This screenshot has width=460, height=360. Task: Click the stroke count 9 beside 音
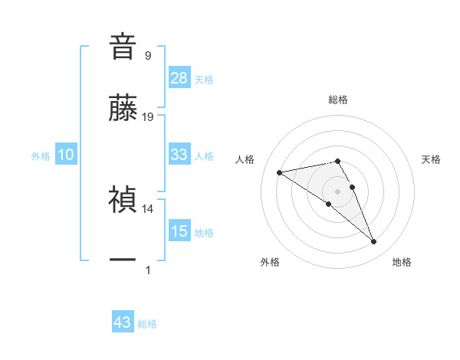coord(148,55)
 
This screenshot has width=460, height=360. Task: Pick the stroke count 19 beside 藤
coord(148,116)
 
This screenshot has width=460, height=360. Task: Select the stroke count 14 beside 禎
coord(148,208)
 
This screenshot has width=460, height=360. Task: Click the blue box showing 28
coord(179,77)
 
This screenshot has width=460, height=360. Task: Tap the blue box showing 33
coord(179,155)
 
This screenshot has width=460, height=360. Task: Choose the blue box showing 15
coord(179,231)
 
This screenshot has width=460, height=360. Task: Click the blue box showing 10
coord(66,155)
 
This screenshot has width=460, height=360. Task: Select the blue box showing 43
coord(123,322)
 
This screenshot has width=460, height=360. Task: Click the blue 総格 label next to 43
coord(147,324)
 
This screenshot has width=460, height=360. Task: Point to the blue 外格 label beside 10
coord(41,156)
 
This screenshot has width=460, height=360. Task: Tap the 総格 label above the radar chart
coord(338,100)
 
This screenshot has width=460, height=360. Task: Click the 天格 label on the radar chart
coord(431,159)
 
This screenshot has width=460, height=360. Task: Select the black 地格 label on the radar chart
coord(402,262)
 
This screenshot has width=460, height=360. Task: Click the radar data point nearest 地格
coord(374,242)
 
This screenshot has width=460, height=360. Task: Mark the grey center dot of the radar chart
coord(338,191)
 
